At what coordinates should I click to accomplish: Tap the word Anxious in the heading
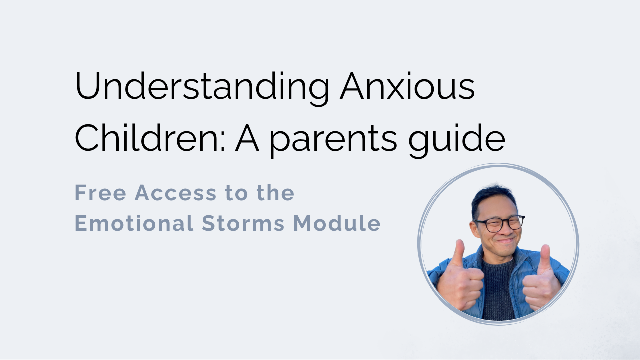407,85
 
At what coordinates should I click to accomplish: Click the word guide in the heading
457,140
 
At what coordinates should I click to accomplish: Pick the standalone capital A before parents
247,138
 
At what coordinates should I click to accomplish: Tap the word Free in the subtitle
100,193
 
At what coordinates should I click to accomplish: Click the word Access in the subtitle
175,193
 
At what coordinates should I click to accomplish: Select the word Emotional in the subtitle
134,223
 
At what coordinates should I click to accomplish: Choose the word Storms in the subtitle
243,223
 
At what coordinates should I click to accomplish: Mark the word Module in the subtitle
337,223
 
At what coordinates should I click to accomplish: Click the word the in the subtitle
275,193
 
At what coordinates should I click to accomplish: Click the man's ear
475,228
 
